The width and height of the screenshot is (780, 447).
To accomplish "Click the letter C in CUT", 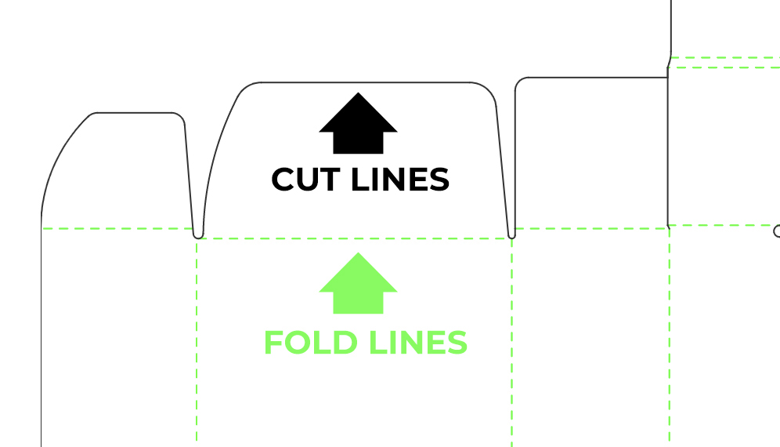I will (x=284, y=180).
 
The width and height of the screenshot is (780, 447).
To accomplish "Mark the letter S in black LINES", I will (x=439, y=180).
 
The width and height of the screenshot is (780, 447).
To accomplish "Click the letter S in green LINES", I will (x=457, y=343).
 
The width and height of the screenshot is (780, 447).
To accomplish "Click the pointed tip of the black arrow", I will (x=358, y=94).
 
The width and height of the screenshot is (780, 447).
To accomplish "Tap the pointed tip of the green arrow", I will (x=358, y=254).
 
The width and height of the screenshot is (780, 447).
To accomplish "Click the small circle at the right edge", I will (x=777, y=231).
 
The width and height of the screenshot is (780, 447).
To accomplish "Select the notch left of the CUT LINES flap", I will (x=198, y=234).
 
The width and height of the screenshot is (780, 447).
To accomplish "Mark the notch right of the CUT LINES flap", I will (x=512, y=234).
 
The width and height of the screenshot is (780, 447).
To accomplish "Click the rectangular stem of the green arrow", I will (x=359, y=302).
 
